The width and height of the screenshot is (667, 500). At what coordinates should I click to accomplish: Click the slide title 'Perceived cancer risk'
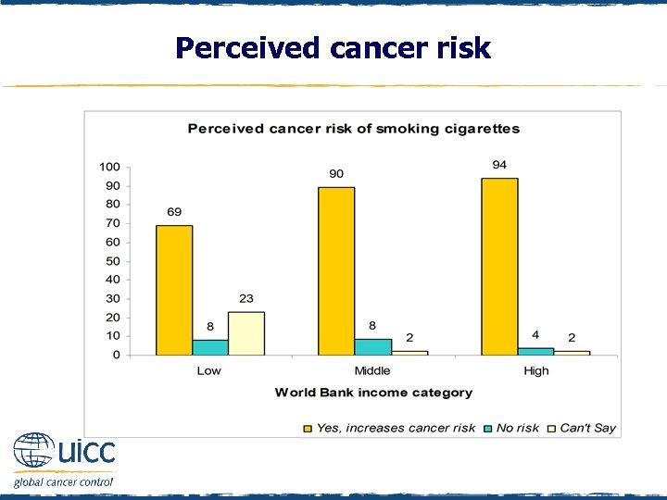(x=333, y=47)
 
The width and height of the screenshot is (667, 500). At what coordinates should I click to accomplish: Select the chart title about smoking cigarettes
(x=353, y=129)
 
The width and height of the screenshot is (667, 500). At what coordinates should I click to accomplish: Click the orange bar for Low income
(x=174, y=290)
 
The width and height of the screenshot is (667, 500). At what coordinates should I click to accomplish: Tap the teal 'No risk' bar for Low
(x=210, y=347)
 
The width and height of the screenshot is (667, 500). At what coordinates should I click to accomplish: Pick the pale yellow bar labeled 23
(x=246, y=333)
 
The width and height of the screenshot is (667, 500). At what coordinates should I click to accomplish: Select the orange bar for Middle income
(x=336, y=270)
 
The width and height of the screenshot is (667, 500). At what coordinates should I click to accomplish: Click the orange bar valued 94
(x=499, y=267)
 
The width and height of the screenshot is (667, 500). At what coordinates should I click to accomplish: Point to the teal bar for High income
(x=535, y=351)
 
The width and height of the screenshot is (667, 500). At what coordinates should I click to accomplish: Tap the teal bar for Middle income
(x=372, y=347)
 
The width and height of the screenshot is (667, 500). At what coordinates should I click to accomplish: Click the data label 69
(x=174, y=212)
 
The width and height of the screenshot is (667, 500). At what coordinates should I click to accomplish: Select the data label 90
(x=336, y=173)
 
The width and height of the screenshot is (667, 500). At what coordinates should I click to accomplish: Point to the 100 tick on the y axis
(x=109, y=168)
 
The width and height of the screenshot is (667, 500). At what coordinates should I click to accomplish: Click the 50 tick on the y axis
(x=112, y=261)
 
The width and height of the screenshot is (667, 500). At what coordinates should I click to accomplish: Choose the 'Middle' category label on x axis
(x=372, y=370)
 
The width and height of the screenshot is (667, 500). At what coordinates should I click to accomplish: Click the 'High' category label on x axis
(x=535, y=370)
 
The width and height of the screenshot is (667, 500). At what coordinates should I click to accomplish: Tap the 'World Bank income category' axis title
(x=373, y=393)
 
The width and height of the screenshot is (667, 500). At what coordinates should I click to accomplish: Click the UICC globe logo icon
(x=34, y=453)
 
